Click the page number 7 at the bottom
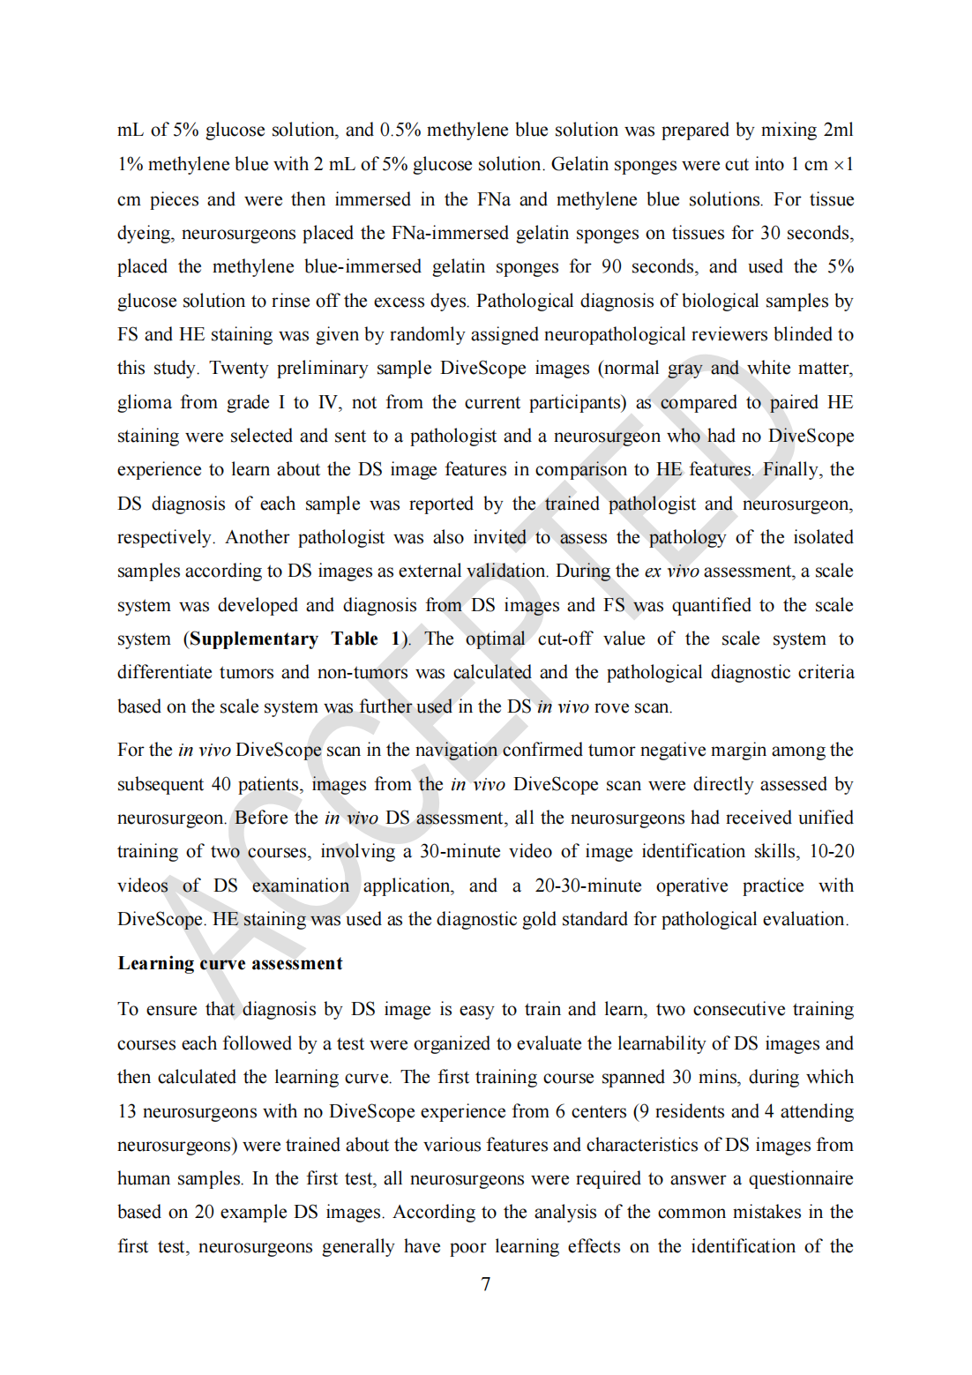coord(485,1284)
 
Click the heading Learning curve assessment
coord(230,963)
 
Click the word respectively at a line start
coord(165,537)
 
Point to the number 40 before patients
coord(221,784)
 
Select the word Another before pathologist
coord(257,537)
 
